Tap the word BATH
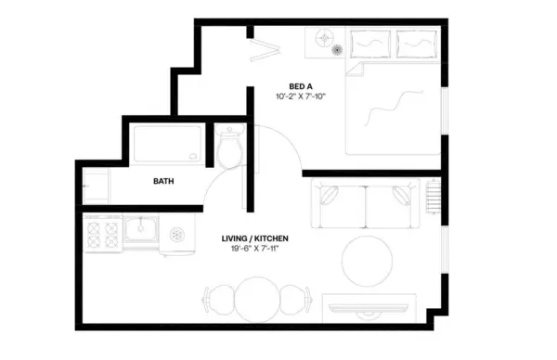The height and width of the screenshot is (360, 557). tap(163, 182)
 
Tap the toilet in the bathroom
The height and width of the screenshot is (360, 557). tap(230, 148)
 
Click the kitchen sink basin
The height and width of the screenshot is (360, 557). tap(142, 228)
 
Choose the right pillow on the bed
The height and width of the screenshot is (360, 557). tap(417, 42)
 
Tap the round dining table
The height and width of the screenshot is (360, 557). tap(255, 300)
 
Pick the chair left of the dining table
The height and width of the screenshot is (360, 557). tap(215, 301)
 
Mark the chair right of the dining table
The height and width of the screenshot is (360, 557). tap(295, 301)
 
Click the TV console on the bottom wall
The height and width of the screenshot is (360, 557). tap(369, 305)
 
